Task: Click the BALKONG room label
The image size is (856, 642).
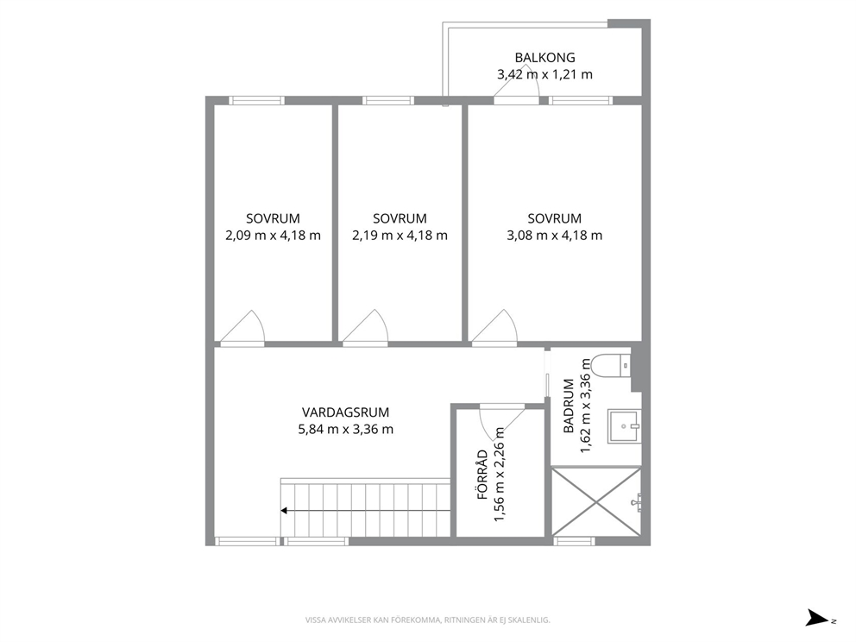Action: click(x=544, y=57)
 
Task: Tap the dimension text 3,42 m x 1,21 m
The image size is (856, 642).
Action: click(x=544, y=74)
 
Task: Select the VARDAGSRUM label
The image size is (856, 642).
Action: click(x=345, y=412)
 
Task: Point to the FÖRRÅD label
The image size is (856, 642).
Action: click(x=482, y=475)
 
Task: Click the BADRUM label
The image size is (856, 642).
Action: click(x=569, y=406)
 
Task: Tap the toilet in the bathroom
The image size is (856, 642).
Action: click(x=612, y=365)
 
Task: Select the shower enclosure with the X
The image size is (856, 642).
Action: click(x=596, y=501)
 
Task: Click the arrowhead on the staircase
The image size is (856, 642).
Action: click(x=284, y=511)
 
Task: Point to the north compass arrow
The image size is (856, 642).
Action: click(x=818, y=618)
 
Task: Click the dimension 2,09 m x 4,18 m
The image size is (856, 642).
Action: click(x=273, y=236)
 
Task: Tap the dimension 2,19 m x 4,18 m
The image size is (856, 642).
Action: click(x=400, y=236)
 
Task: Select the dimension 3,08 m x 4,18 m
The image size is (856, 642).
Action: click(x=555, y=236)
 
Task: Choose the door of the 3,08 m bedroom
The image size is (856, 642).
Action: click(x=494, y=329)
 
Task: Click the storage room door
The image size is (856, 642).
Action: click(x=501, y=419)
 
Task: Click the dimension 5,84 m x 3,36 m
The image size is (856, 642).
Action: click(x=345, y=429)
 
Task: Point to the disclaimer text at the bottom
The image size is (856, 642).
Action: click(x=427, y=620)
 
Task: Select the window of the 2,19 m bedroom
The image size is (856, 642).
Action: click(x=388, y=100)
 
